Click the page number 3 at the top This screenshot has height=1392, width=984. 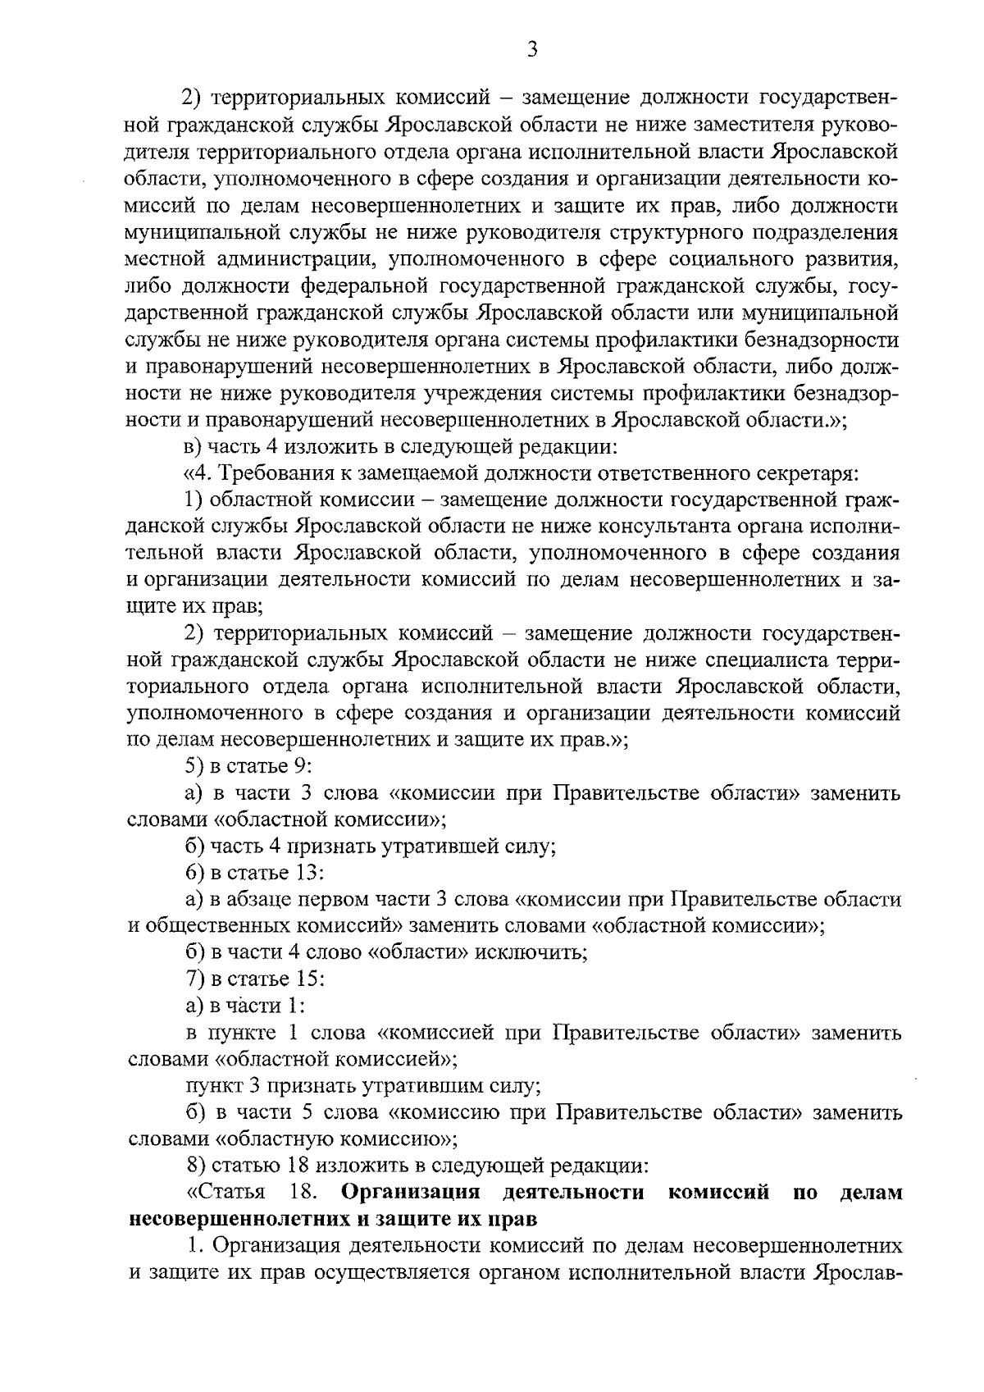pos(532,51)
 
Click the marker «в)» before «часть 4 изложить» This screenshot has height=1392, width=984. pos(193,447)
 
